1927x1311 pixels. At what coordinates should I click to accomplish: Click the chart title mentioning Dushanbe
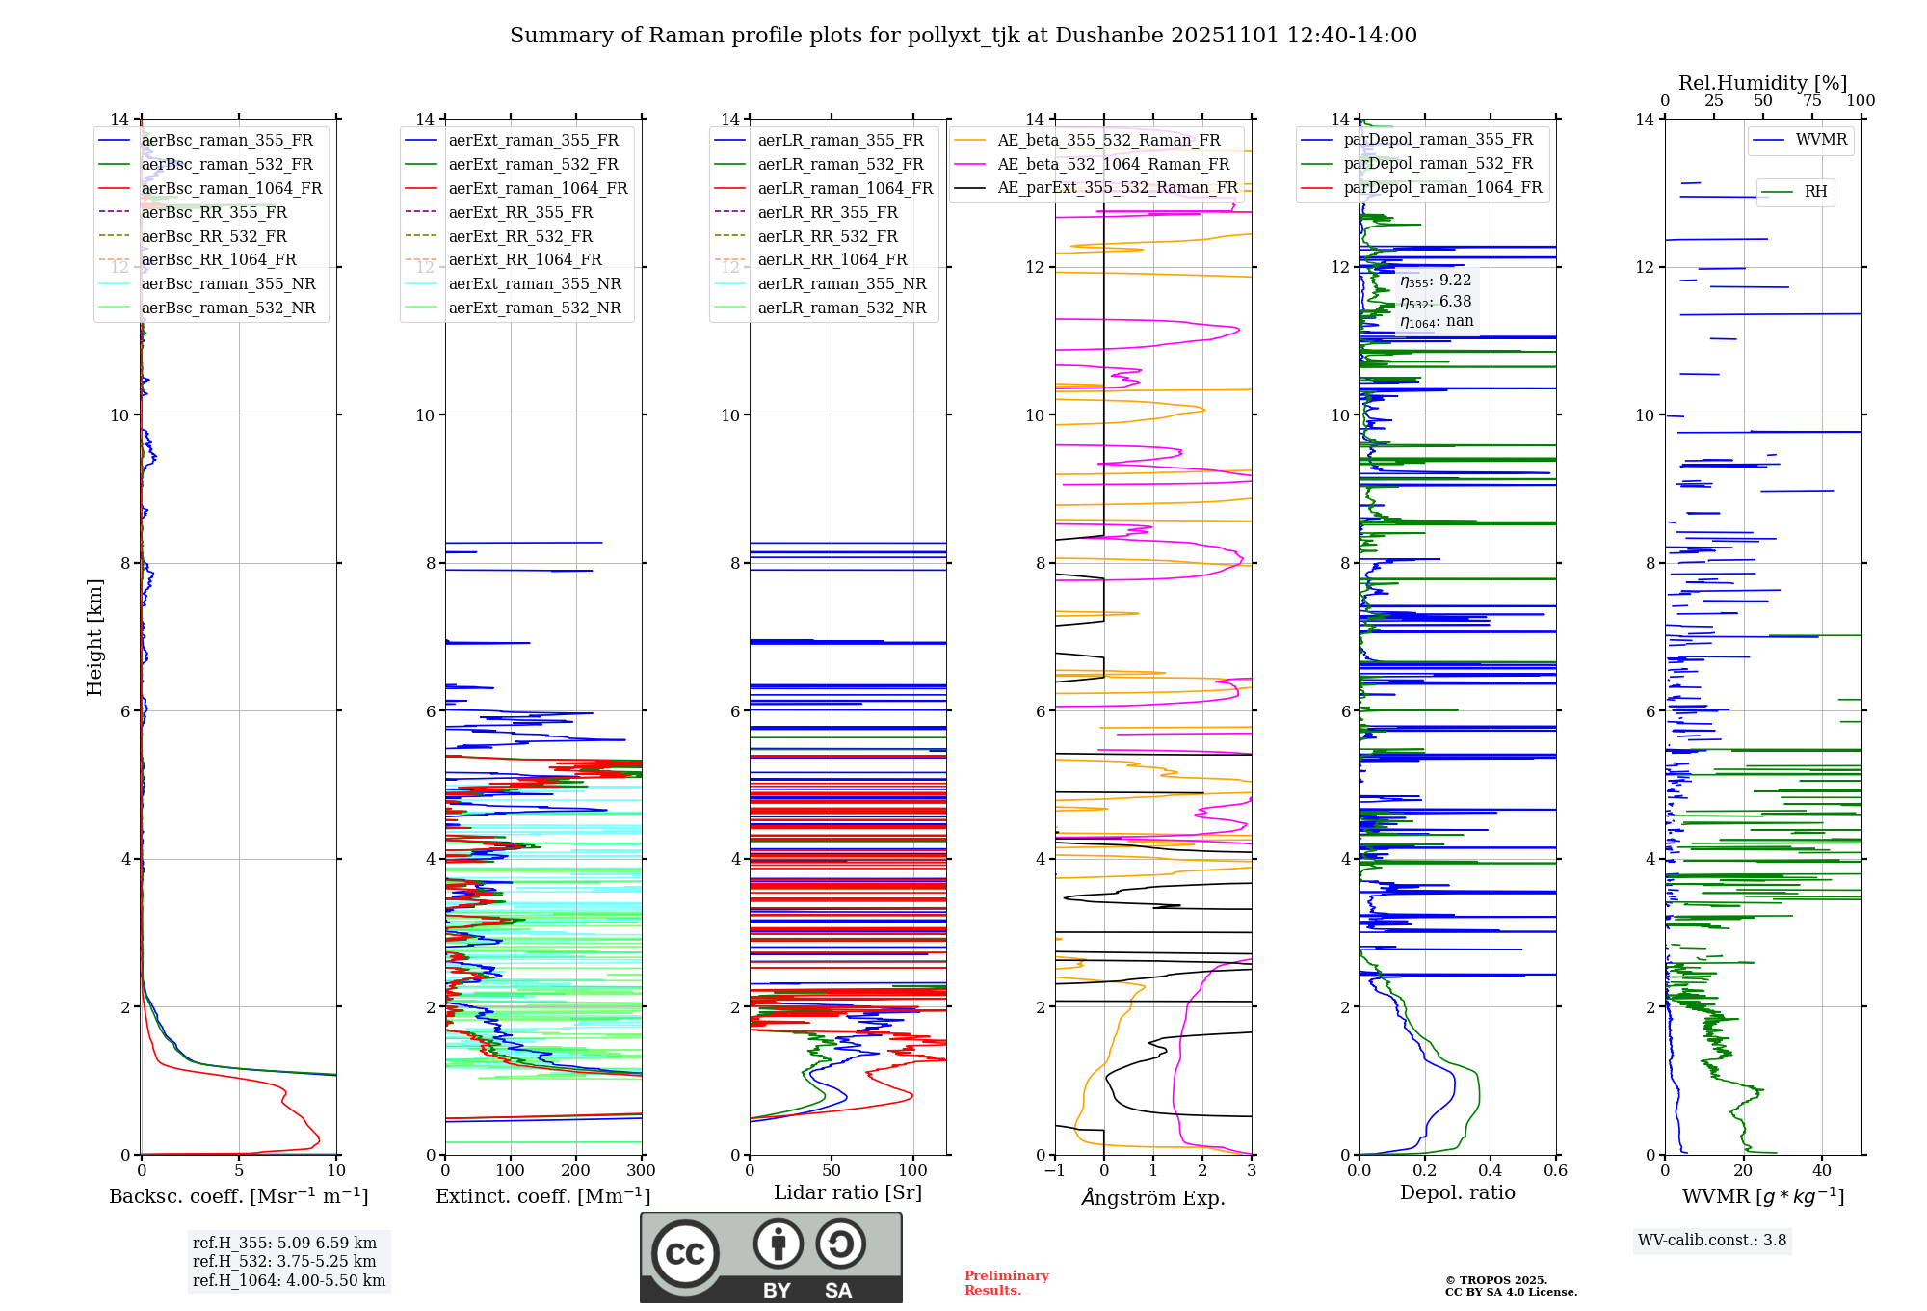point(963,36)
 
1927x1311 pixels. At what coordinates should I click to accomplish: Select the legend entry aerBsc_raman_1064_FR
point(231,188)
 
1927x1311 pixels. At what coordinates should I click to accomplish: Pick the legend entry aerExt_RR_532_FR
point(520,236)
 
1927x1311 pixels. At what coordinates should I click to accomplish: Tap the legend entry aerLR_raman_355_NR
point(841,283)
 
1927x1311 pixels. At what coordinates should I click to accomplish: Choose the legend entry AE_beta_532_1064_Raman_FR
point(1113,164)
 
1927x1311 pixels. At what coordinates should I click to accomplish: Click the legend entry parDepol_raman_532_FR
point(1438,164)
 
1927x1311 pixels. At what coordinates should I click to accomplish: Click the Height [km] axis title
point(94,637)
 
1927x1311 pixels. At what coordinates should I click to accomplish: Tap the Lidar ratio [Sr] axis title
point(848,1193)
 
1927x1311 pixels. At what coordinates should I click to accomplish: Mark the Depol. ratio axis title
point(1457,1193)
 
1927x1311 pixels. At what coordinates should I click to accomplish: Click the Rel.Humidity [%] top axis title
point(1762,83)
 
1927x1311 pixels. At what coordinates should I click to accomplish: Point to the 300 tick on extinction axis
point(641,1171)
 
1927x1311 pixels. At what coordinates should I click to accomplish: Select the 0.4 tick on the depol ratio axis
point(1491,1171)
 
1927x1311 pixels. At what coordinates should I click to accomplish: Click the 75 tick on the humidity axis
point(1812,101)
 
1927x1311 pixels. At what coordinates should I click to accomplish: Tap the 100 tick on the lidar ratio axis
point(912,1171)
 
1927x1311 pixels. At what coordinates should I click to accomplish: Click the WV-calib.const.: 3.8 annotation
point(1712,1241)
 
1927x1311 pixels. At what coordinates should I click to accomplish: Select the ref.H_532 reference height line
point(284,1262)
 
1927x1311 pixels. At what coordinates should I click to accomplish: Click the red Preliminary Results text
point(1006,1283)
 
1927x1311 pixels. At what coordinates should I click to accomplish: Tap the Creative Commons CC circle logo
point(685,1254)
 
